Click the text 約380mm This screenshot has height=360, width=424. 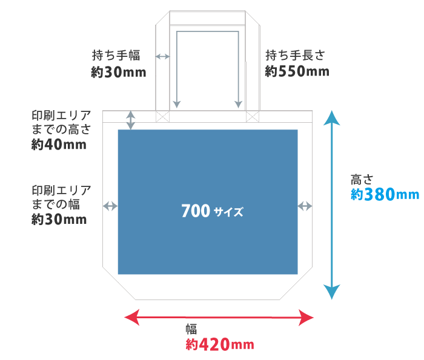pos(385,194)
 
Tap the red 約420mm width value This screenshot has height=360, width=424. pos(219,345)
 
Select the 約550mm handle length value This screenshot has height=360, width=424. pos(297,71)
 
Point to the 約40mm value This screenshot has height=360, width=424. pos(58,145)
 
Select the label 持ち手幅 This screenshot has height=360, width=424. pos(116,56)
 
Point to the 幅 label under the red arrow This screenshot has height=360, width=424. pos(191,330)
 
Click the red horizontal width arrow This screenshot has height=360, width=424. pos(219,317)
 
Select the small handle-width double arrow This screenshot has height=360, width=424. pos(162,56)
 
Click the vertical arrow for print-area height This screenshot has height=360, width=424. pos(131,119)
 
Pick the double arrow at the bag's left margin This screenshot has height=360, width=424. pos(110,206)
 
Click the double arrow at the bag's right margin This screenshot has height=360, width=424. pos(305,206)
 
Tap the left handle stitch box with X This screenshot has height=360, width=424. pos(162,116)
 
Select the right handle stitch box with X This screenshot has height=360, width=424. pos(253,116)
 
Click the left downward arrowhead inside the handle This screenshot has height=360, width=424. pos(177,104)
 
